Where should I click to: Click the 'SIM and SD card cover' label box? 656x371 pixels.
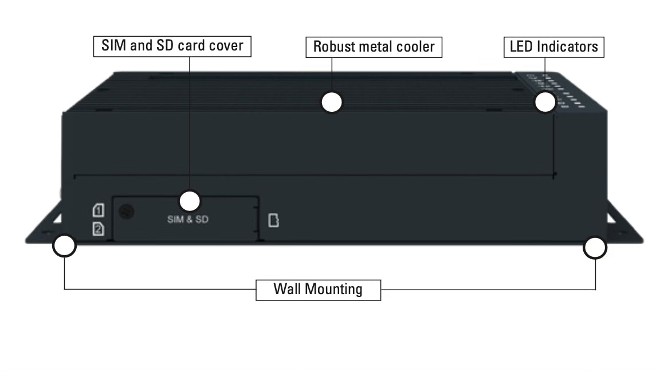172,46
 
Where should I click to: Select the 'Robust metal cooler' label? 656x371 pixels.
374,47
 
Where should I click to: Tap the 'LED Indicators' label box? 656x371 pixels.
554,47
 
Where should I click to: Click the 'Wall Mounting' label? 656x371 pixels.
318,289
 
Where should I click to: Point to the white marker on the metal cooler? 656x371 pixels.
332,102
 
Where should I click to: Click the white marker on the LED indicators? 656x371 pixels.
545,102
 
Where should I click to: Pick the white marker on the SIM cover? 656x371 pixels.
190,201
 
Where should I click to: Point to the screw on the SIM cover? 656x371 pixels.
126,212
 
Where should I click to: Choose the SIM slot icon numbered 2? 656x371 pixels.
98,229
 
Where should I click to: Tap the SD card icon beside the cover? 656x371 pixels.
274,220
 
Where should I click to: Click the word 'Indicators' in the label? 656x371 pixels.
567,47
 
